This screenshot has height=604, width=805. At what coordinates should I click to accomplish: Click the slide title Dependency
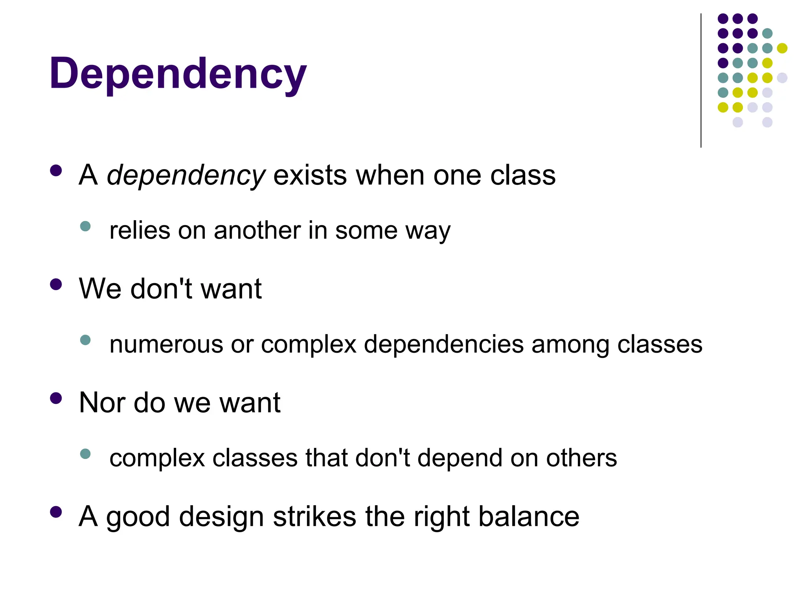tap(178, 74)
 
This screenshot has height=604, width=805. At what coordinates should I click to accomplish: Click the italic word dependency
tap(186, 175)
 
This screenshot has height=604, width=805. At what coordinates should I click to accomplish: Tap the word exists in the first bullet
tap(310, 175)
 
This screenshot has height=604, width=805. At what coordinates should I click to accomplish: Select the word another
tap(257, 230)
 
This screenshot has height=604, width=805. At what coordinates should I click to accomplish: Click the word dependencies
tap(443, 344)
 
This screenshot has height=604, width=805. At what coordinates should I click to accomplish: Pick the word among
tap(570, 344)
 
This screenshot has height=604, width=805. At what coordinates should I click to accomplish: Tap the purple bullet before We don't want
tap(56, 284)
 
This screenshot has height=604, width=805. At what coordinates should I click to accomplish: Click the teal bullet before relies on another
tap(85, 226)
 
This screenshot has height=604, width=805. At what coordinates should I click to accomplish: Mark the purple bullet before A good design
tap(56, 512)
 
